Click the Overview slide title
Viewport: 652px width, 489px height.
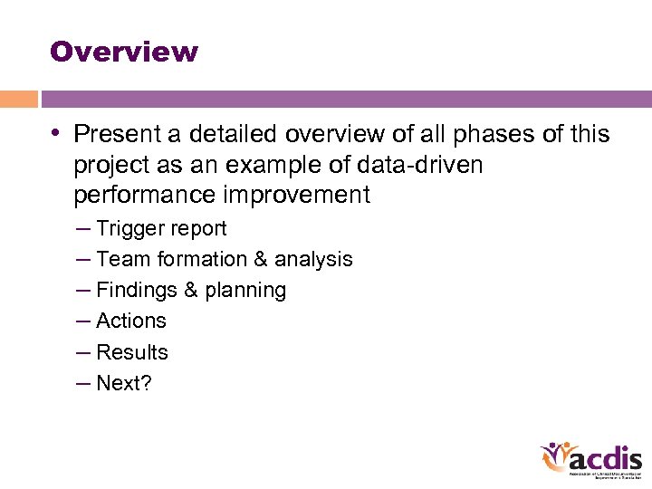click(124, 52)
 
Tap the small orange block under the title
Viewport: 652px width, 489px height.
click(19, 99)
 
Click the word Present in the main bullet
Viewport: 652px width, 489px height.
click(116, 135)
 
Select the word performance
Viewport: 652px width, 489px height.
click(142, 196)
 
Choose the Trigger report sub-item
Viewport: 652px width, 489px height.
click(161, 229)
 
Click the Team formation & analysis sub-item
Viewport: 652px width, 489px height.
click(224, 260)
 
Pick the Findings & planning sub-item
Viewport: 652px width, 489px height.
click(190, 291)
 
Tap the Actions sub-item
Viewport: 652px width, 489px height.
click(130, 321)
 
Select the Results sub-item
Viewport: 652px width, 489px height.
click(131, 352)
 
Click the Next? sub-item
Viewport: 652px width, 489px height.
click(124, 383)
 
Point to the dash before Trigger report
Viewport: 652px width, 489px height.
click(84, 229)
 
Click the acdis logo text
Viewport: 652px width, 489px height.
click(606, 457)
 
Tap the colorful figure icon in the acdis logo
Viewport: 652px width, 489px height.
click(554, 457)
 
